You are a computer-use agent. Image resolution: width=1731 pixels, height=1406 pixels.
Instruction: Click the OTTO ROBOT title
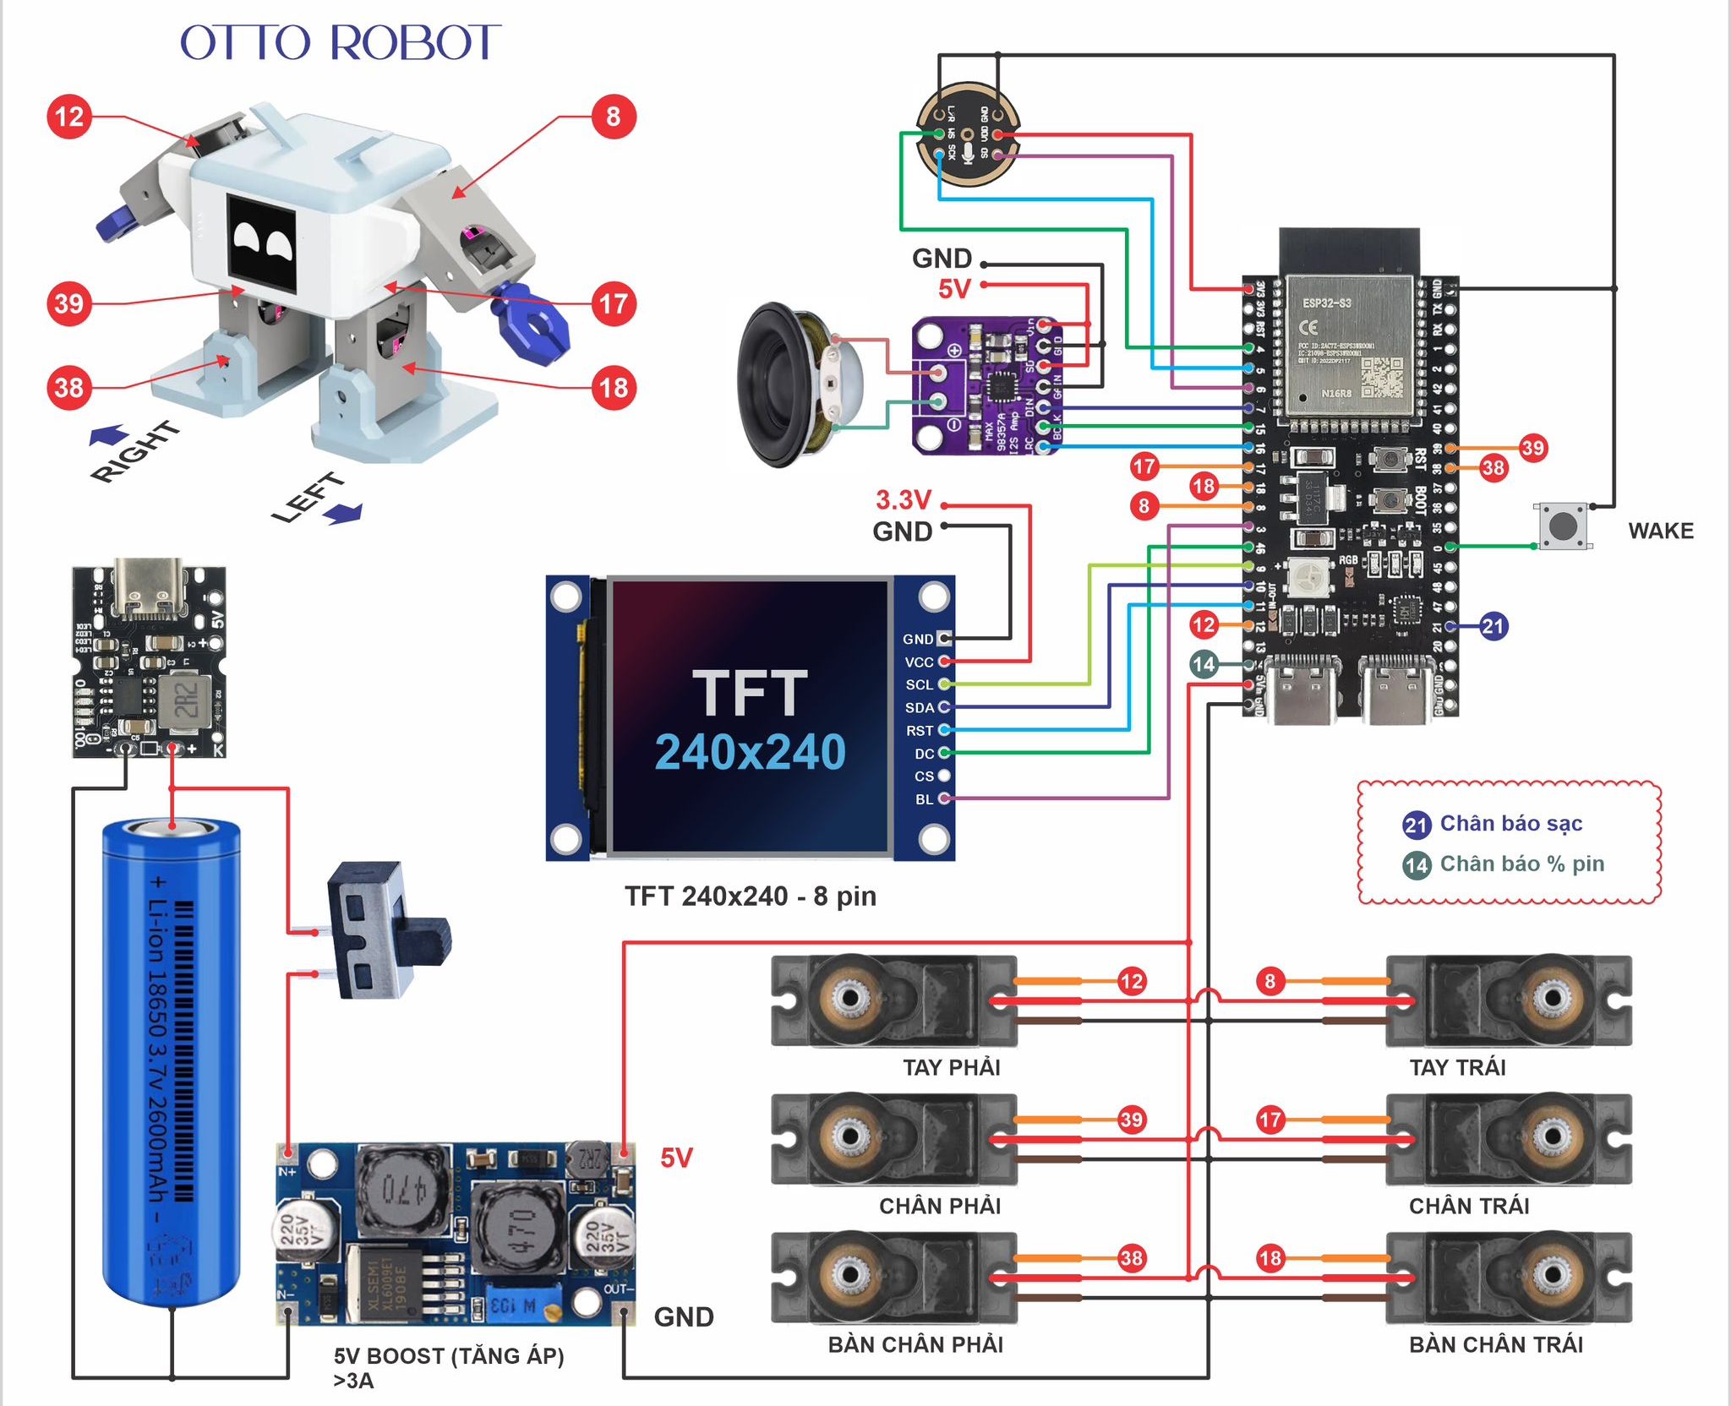(341, 43)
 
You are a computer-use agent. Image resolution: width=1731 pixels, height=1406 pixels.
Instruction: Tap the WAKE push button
(1563, 526)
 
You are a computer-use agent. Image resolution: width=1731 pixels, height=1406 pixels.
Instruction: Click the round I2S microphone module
(968, 134)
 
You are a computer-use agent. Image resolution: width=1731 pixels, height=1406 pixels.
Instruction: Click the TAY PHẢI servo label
(952, 1068)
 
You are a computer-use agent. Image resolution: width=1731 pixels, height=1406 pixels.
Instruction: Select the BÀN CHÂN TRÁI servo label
(1496, 1344)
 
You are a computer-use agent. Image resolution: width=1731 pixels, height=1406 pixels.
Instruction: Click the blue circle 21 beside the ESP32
(1493, 626)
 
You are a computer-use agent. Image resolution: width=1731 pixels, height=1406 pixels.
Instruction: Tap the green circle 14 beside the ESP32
(1204, 664)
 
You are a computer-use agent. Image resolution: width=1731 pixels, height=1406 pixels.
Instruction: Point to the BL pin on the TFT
(925, 799)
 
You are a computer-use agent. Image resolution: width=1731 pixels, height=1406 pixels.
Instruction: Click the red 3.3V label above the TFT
(903, 500)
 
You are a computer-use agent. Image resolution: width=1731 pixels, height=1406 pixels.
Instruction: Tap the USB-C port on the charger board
(149, 584)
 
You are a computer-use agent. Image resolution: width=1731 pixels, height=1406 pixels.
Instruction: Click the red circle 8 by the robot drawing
(613, 117)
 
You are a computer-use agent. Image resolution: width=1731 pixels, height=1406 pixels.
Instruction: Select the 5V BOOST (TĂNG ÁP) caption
(448, 1356)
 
